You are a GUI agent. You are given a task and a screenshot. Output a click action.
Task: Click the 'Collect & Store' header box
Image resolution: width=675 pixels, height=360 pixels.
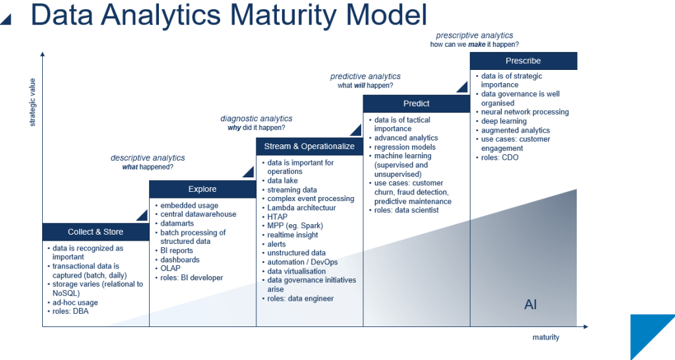coord(96,232)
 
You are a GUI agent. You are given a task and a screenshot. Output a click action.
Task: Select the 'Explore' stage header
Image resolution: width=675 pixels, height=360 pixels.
coord(202,189)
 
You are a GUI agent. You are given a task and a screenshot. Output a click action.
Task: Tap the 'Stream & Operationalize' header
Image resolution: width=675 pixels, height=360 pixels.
coord(309,146)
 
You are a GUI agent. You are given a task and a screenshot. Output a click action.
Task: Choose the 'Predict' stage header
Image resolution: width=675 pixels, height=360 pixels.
coord(416,104)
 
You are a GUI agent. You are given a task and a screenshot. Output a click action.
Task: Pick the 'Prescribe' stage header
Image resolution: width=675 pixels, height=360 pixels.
coord(523,61)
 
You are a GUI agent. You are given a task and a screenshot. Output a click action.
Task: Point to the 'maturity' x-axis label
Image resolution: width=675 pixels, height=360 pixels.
coord(545,338)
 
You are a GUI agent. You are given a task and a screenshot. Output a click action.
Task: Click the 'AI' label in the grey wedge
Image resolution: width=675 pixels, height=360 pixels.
coord(531,304)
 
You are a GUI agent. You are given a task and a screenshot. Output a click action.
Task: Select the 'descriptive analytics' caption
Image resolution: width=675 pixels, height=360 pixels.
coord(148,158)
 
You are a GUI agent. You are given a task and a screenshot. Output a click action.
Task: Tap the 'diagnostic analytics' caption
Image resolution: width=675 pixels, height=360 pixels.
coord(256,119)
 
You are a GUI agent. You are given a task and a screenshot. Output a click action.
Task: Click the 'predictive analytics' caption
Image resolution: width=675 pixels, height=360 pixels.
coord(365,76)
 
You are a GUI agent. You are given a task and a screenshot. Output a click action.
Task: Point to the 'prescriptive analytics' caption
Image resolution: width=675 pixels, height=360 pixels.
coord(474,36)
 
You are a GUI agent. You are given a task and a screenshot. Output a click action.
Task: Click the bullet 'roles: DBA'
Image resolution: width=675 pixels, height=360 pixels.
coord(71,311)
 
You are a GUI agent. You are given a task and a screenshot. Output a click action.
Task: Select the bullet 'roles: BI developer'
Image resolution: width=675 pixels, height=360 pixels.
coord(192,278)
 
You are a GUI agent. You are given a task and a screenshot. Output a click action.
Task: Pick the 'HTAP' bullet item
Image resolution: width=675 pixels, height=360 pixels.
coord(278,217)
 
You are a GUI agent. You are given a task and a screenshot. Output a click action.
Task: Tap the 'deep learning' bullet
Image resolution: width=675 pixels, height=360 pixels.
coord(504,121)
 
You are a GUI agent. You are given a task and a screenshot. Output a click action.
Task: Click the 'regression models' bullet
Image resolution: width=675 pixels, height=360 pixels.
coord(405,147)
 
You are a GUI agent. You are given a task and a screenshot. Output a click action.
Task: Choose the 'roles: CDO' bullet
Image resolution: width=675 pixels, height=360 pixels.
coord(500,158)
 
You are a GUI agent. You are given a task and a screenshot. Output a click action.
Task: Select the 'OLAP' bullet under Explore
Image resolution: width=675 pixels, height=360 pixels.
coord(170,268)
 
